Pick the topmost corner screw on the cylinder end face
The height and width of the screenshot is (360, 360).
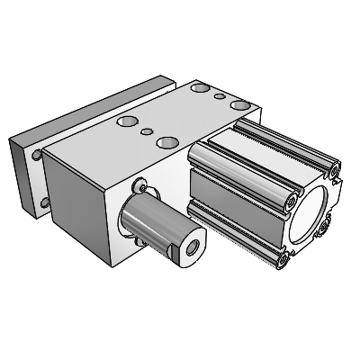coord(334,168)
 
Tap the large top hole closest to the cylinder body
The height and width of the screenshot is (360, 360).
coord(238,105)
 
